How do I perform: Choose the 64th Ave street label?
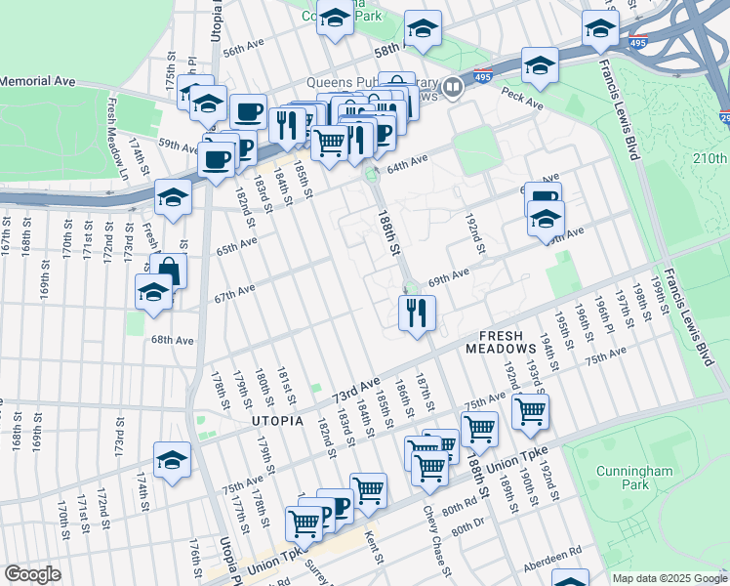[408, 159]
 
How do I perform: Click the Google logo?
[32, 574]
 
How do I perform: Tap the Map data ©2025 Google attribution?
[670, 578]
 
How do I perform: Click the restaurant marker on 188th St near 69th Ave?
[417, 314]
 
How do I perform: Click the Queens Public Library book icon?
[452, 88]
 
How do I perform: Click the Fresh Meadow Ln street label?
[124, 133]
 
